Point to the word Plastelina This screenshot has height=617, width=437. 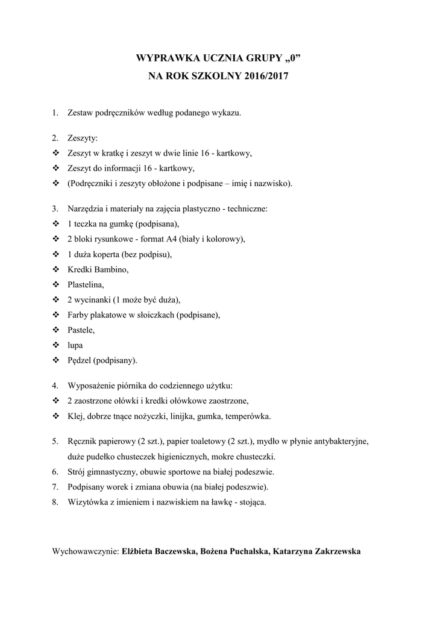(86, 284)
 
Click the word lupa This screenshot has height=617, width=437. (75, 345)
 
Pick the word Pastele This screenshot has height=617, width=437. (81, 330)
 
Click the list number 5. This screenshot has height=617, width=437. (55, 441)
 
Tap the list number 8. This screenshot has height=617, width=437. (55, 502)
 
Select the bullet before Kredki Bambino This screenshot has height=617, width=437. (55, 269)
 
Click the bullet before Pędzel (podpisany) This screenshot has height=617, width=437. (55, 360)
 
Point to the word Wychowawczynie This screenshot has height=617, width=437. (86, 551)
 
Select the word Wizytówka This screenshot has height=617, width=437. (89, 502)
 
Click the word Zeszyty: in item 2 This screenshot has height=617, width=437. (83, 139)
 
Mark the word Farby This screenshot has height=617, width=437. (79, 315)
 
